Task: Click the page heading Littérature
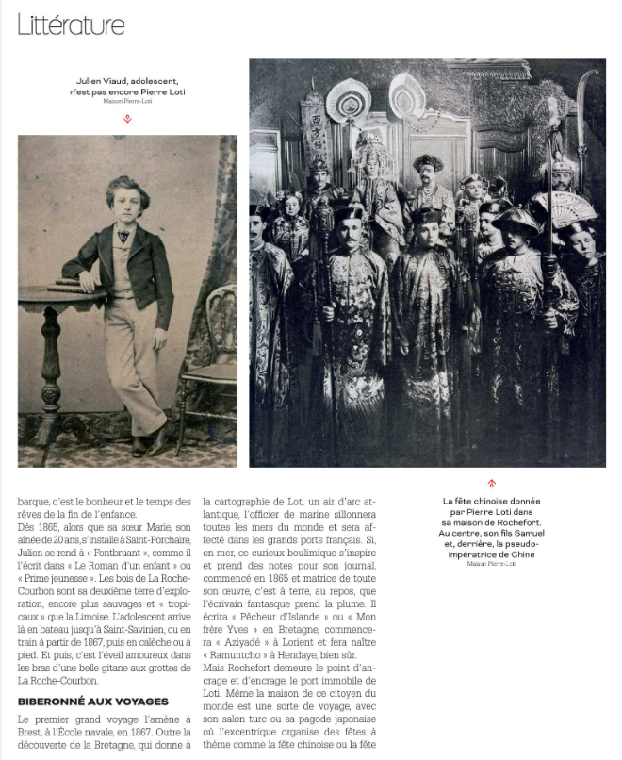(x=71, y=24)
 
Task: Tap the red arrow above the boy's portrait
(x=127, y=119)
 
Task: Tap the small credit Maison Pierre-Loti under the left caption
(x=127, y=101)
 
